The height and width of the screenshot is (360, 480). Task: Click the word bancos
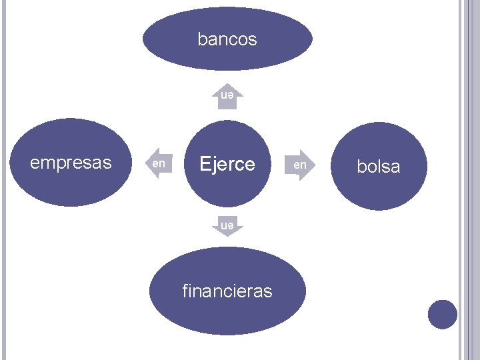pyautogui.click(x=227, y=40)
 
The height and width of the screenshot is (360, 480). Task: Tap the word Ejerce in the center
pyautogui.click(x=227, y=164)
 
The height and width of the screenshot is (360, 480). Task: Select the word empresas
pyautogui.click(x=71, y=163)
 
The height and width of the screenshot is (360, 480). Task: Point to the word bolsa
pyautogui.click(x=379, y=167)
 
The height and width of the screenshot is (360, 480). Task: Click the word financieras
pyautogui.click(x=227, y=291)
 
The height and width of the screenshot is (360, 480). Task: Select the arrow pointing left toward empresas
pyautogui.click(x=158, y=163)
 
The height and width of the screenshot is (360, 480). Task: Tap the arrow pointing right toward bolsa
pyautogui.click(x=301, y=163)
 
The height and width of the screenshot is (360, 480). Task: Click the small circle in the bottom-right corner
pyautogui.click(x=442, y=314)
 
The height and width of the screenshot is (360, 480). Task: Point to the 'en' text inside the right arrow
pyautogui.click(x=300, y=163)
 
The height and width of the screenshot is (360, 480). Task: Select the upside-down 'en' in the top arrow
pyautogui.click(x=227, y=96)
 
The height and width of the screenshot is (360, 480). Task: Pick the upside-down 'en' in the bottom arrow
pyautogui.click(x=227, y=226)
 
